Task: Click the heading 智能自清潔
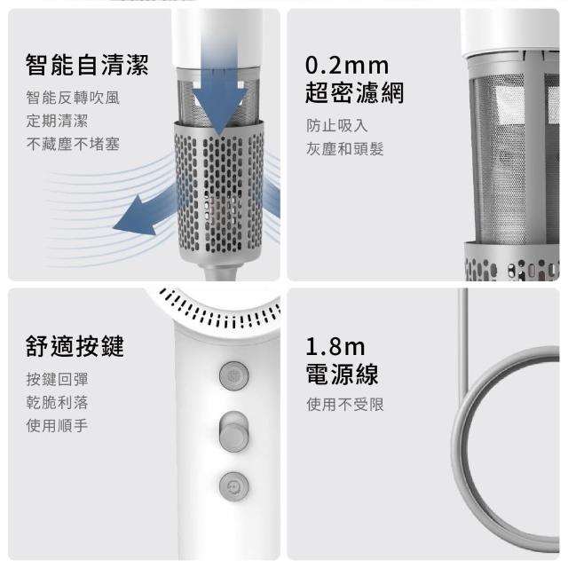(87, 66)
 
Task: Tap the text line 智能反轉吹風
(73, 98)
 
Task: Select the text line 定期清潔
(57, 121)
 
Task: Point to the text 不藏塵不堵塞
(73, 144)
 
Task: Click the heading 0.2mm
(346, 66)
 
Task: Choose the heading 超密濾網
(354, 92)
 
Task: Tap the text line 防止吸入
(336, 125)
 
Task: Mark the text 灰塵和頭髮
(344, 148)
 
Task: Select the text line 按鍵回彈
(57, 379)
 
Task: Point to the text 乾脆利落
(57, 402)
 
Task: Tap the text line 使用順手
(57, 425)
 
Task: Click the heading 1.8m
(335, 345)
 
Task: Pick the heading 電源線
(342, 373)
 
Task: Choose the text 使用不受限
(344, 406)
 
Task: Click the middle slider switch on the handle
(233, 432)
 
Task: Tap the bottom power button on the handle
(233, 485)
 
